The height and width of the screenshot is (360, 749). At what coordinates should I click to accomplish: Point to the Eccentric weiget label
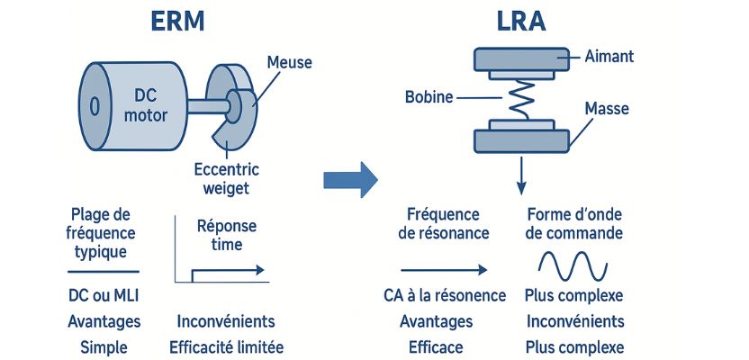[x=225, y=176]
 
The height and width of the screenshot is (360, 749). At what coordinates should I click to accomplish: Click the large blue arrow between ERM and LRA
[x=350, y=179]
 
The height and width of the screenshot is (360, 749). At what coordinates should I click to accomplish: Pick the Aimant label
[x=609, y=57]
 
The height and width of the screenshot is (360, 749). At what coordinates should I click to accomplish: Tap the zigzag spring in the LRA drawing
[x=520, y=96]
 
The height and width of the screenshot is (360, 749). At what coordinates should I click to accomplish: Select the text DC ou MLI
[x=103, y=296]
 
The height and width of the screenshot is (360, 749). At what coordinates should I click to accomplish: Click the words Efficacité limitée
[x=226, y=346]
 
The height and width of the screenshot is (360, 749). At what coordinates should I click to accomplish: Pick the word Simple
[x=103, y=346]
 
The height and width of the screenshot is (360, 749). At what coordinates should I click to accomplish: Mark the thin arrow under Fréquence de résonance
[x=444, y=268]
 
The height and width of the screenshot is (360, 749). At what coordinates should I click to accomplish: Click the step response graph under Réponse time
[x=221, y=270]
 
